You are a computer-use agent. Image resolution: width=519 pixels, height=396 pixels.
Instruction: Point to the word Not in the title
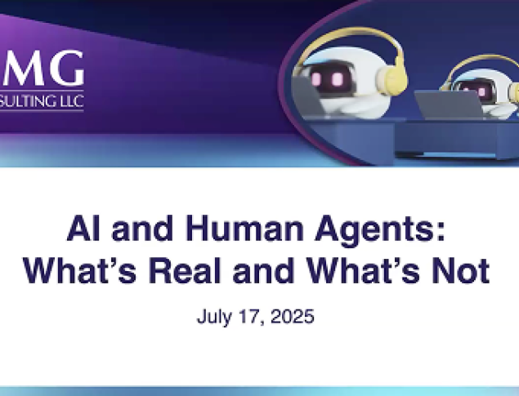462,271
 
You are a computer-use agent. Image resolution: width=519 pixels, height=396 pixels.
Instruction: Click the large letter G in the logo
66,72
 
